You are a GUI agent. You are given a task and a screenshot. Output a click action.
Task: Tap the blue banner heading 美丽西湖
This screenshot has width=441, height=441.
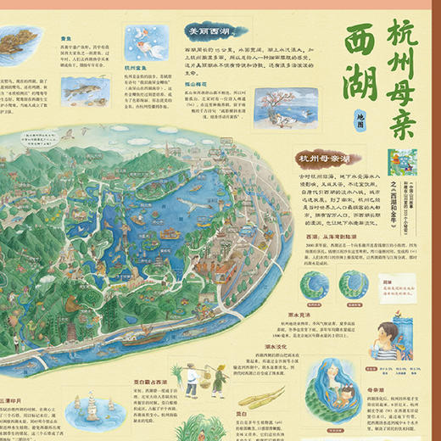tap(210, 31)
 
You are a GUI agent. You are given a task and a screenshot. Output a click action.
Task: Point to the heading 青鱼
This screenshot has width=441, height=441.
tap(64, 38)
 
